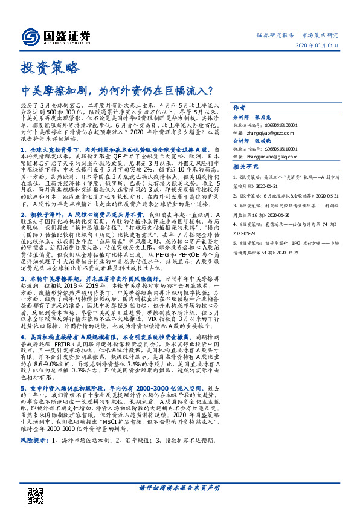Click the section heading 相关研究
pyautogui.click(x=246, y=183)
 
